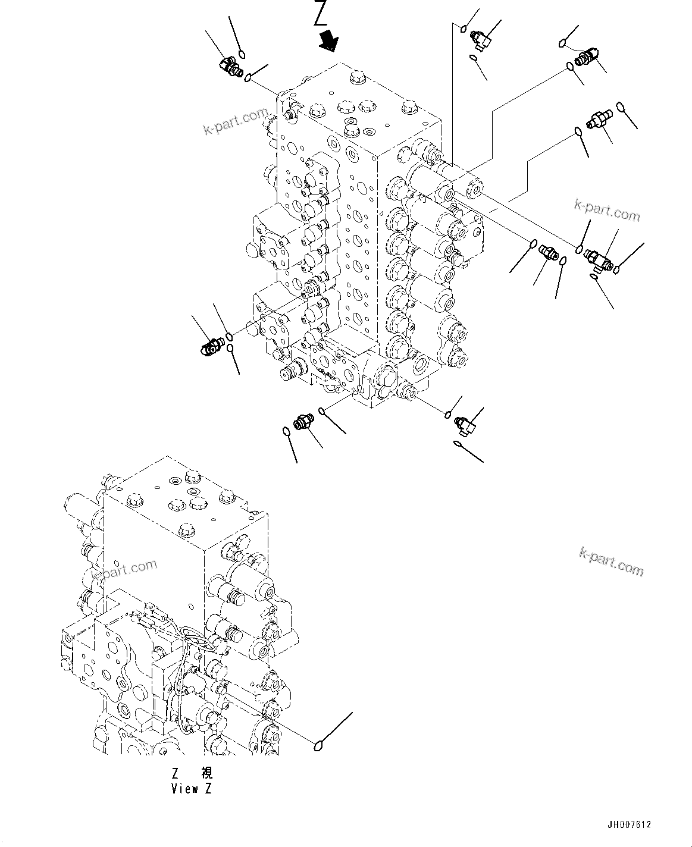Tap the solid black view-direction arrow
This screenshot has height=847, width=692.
328,41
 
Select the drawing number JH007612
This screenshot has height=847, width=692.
629,824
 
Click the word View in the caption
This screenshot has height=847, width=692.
184,789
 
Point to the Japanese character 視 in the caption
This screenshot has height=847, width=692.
206,773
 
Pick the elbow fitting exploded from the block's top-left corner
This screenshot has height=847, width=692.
231,67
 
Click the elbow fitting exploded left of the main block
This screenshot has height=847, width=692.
210,345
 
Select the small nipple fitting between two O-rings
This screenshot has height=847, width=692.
547,254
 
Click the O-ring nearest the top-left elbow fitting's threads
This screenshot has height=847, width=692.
249,76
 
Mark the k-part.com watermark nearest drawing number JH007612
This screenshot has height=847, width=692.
611,562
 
